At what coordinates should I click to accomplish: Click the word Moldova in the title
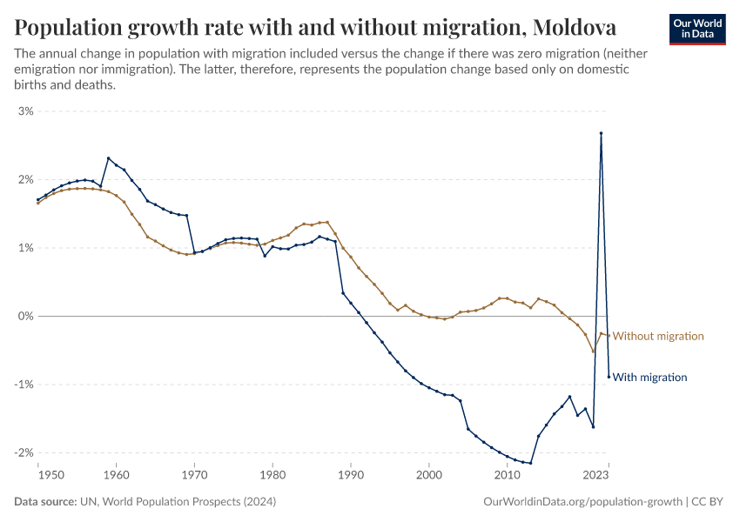pos(575,28)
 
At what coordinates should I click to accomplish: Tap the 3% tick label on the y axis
pos(24,111)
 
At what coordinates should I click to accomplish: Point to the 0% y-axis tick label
pos(24,316)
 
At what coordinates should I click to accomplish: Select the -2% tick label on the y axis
pos(23,452)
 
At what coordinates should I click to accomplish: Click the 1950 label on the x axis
pos(39,475)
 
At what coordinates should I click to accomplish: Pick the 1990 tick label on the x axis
pos(351,475)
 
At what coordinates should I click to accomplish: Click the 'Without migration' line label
pos(658,336)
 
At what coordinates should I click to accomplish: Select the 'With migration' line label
pos(650,378)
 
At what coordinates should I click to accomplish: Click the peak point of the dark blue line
pos(601,133)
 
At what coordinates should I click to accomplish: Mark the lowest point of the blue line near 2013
pos(530,463)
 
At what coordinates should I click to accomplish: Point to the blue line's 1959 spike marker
pos(108,158)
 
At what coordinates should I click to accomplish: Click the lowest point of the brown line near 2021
pos(593,351)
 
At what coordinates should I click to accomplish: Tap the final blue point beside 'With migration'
pos(609,377)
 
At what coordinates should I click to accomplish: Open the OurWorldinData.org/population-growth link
pos(582,502)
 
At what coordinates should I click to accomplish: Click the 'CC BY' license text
pos(710,502)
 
